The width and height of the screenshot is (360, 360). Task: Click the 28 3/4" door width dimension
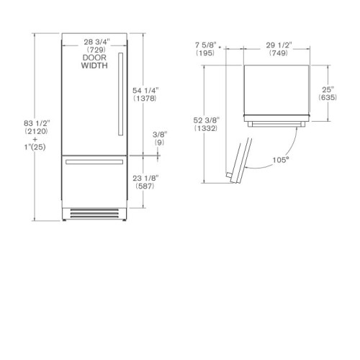(96, 42)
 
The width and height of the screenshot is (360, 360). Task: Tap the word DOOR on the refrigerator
(94, 58)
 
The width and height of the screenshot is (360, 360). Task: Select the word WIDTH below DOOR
(94, 66)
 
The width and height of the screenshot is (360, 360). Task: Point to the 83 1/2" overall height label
(37, 123)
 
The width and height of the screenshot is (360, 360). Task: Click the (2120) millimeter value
(36, 131)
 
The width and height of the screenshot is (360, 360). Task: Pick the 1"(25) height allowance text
(35, 147)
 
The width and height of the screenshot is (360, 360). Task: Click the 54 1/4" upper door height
(145, 91)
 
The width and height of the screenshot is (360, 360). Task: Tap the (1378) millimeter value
(145, 98)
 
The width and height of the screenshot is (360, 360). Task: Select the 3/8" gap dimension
(160, 135)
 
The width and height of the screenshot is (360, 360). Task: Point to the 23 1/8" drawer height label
(145, 178)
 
